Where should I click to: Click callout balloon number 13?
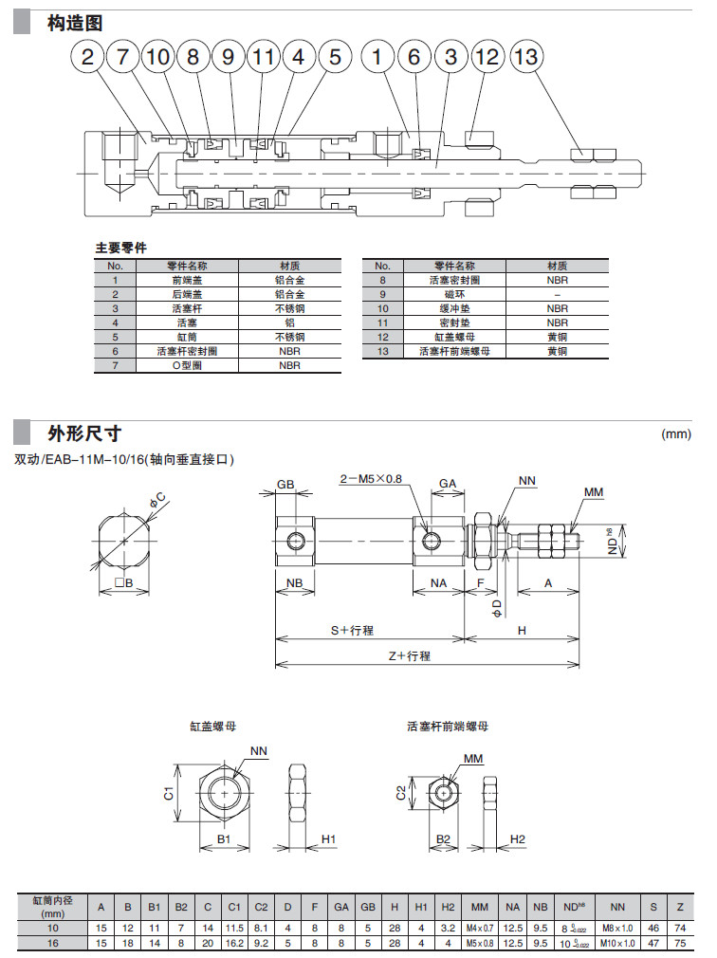[x=524, y=57]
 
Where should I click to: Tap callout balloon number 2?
[x=88, y=57]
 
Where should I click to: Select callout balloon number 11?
[x=263, y=57]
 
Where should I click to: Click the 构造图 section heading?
[x=75, y=23]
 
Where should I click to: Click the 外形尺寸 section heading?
[x=84, y=433]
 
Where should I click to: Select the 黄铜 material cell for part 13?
[x=557, y=351]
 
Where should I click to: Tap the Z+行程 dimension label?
[x=409, y=655]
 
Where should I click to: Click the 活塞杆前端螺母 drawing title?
[x=448, y=727]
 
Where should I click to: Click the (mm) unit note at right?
[x=675, y=434]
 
